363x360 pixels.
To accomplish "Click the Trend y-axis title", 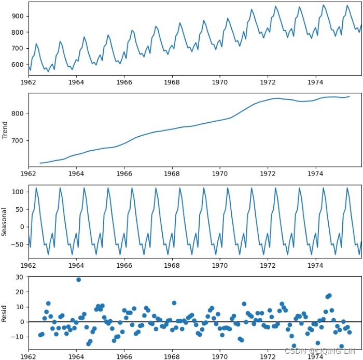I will (5, 130).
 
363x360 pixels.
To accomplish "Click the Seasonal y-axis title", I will (5, 222).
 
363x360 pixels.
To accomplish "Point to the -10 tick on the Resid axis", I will (17, 337).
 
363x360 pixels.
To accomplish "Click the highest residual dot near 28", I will (78, 280).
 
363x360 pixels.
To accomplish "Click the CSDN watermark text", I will (321, 351).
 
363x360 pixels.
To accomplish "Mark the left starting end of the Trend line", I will (40, 163).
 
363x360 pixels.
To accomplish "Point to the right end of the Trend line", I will (349, 96).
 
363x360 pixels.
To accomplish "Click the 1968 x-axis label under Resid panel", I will (172, 357).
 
